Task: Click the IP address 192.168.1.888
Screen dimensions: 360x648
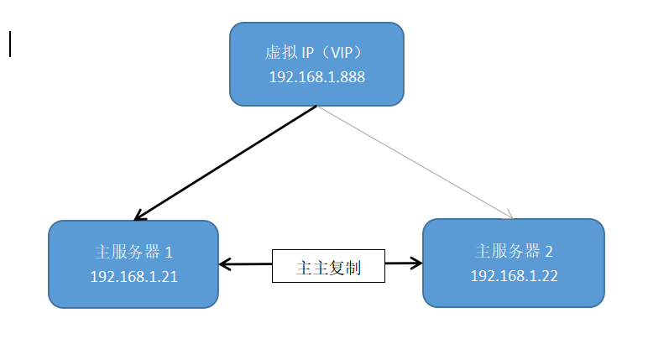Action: pos(316,76)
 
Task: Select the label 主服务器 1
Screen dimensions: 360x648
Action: pos(133,252)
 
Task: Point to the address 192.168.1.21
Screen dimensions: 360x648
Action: pos(133,275)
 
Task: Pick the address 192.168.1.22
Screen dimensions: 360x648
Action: pos(514,274)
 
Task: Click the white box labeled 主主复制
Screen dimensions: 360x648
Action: pos(328,267)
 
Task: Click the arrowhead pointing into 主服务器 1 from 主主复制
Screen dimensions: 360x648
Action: pos(224,265)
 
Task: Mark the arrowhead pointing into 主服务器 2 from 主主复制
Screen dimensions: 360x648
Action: pos(416,263)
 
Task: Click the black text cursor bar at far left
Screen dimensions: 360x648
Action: pos(10,44)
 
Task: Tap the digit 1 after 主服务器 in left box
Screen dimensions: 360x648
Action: pos(168,252)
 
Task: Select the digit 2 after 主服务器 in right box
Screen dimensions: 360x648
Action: pos(549,250)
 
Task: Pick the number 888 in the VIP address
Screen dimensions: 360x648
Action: pos(353,76)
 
